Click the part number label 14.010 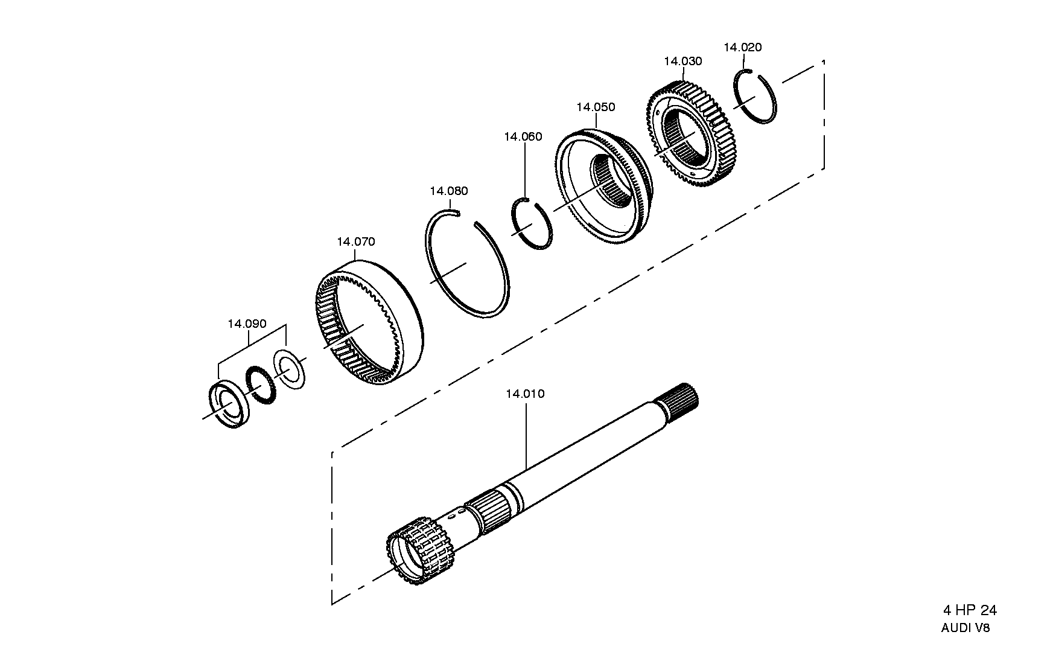coord(525,394)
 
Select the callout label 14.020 coord(743,48)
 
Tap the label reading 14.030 coord(683,62)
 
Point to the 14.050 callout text coord(596,107)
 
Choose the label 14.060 coord(523,137)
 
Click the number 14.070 coord(356,242)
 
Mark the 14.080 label coord(448,191)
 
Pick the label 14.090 coord(247,324)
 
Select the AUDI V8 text coord(965,628)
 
